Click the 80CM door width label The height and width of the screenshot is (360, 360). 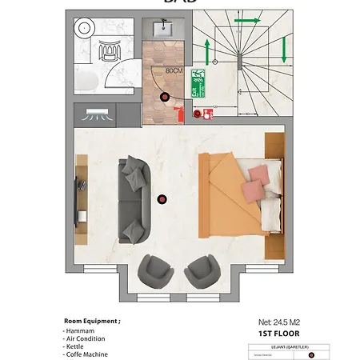(x=174, y=70)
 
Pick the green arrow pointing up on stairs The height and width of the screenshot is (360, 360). (x=206, y=53)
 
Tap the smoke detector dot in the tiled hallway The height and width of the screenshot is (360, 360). (x=165, y=97)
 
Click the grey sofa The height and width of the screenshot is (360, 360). (x=133, y=199)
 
